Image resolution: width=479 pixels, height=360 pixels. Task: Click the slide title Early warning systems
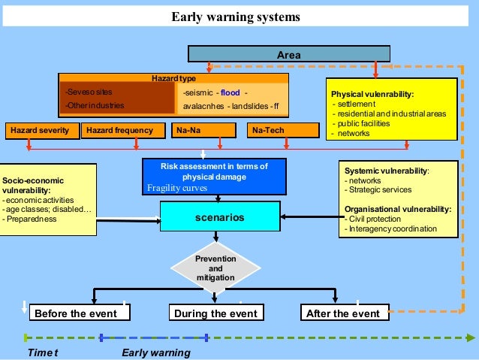[235, 17]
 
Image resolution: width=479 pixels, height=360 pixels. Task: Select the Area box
[288, 54]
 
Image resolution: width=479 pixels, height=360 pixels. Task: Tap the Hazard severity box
[40, 131]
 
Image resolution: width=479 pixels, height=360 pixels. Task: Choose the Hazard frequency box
[119, 131]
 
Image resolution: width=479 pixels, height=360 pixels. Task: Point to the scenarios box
[219, 217]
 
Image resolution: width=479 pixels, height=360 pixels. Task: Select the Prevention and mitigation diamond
[215, 268]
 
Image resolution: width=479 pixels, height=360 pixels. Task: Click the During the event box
[215, 313]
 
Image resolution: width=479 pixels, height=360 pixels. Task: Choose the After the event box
[344, 313]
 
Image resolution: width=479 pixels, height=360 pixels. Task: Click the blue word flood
[230, 93]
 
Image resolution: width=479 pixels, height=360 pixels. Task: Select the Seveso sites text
[83, 92]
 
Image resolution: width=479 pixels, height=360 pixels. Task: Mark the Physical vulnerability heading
[372, 94]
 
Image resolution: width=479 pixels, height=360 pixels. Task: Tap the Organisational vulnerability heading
[397, 210]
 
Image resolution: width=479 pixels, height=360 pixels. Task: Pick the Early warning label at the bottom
[155, 352]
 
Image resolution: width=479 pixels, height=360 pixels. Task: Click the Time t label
[43, 352]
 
